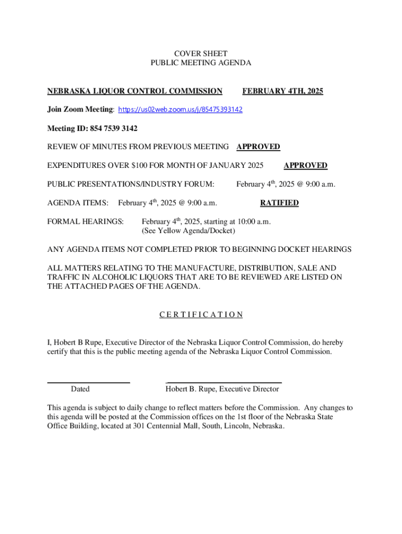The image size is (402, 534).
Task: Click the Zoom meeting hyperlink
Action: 181,110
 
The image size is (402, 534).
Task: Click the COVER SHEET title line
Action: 201,53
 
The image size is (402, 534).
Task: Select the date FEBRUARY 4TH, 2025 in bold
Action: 282,91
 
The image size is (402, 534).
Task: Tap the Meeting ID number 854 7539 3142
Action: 111,128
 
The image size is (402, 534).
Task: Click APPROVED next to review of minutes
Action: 258,147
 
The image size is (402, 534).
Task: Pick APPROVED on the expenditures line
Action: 305,166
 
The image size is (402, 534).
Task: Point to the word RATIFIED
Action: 279,203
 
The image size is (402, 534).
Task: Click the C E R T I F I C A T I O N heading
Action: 201,314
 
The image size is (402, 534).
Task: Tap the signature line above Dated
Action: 88,383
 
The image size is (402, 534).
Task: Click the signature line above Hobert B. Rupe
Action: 223,383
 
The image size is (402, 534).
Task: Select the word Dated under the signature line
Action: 80,389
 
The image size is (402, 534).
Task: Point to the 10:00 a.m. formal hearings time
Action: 253,222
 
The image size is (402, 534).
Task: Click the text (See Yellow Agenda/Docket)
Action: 188,230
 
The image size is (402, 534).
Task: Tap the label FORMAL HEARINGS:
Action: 86,222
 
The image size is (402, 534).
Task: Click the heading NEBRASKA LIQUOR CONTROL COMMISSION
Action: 135,91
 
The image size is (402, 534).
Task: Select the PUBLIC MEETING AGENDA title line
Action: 201,63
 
